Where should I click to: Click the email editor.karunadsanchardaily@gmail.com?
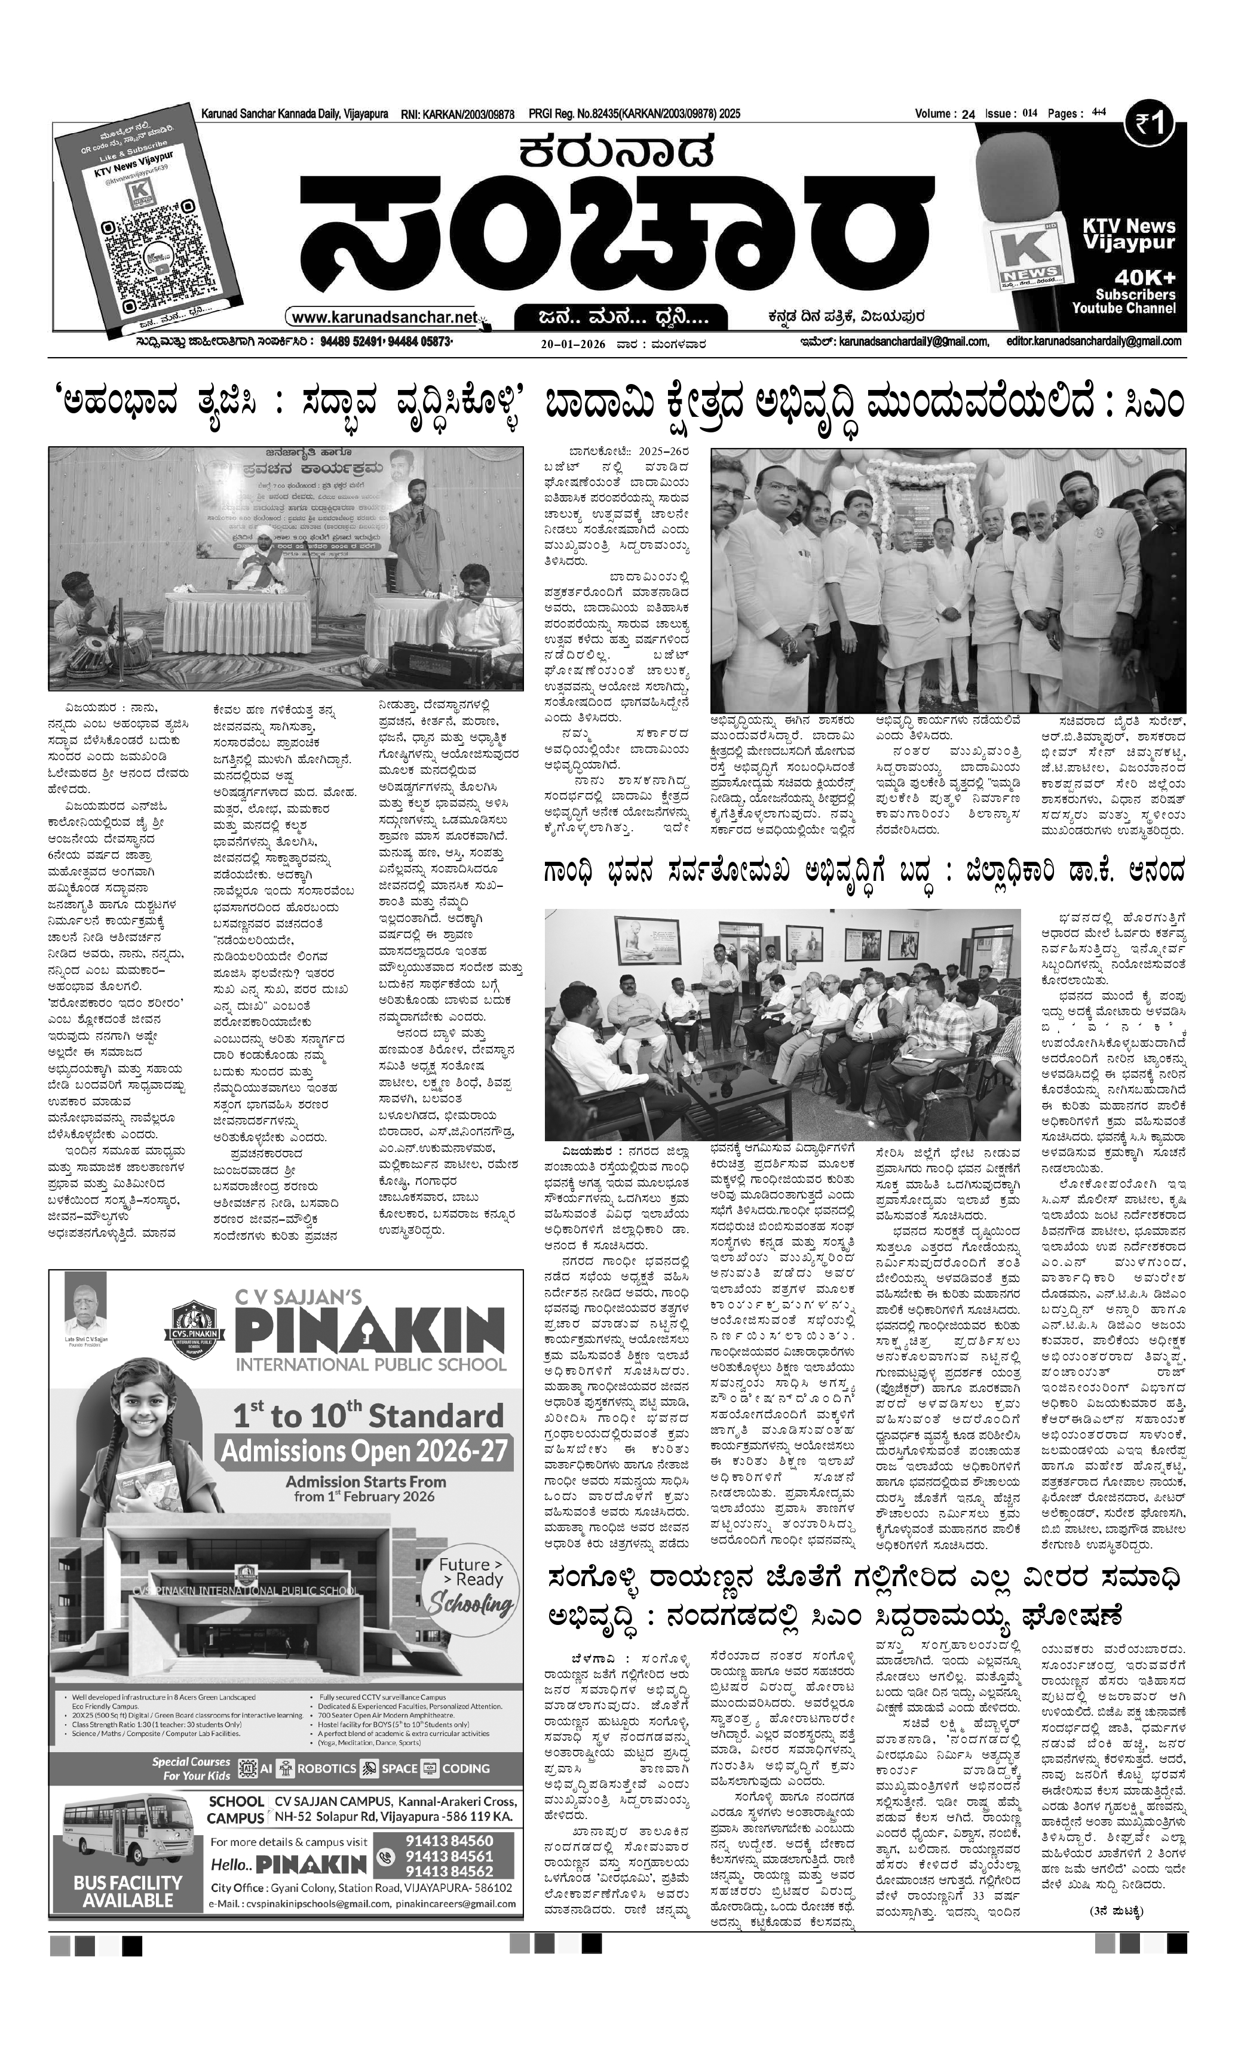coord(1094,341)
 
